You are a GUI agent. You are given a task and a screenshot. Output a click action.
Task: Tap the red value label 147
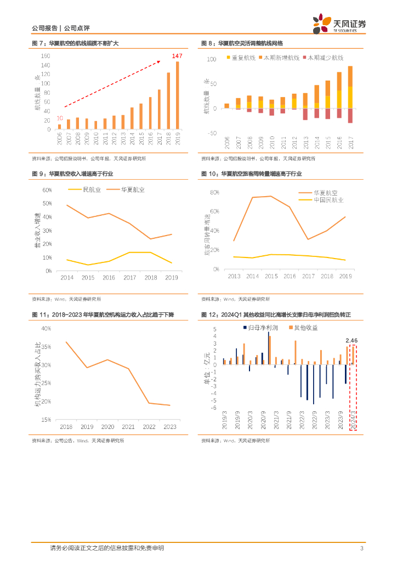(177, 56)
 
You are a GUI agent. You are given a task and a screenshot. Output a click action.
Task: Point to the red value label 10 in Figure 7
(59, 118)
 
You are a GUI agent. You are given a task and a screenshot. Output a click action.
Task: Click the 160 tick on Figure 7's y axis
(46, 56)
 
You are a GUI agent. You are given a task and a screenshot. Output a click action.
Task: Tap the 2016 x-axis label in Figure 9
(109, 278)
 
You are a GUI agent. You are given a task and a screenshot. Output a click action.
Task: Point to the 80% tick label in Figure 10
(214, 193)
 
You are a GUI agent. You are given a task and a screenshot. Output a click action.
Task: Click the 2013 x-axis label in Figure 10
(234, 276)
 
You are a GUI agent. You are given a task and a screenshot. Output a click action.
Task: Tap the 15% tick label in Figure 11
(46, 420)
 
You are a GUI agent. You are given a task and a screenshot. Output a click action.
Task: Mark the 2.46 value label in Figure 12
(351, 340)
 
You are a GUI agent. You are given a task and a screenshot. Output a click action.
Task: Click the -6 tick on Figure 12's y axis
(214, 408)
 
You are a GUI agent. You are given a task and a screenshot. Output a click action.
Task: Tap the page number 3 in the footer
(361, 548)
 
